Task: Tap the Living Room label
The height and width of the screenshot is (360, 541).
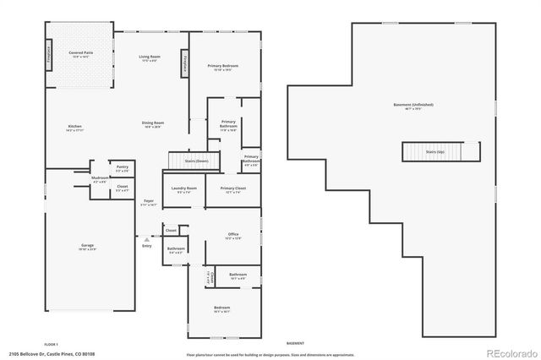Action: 150,58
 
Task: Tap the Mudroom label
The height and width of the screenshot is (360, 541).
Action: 100,180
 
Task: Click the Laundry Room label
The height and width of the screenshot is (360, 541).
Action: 183,189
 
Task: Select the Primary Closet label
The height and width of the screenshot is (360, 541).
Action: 232,189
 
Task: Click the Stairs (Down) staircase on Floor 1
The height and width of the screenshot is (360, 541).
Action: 194,160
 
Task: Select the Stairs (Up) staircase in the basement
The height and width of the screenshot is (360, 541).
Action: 434,152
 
